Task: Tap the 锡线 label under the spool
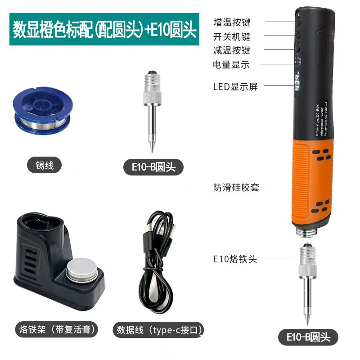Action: (44, 165)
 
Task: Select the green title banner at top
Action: (104, 30)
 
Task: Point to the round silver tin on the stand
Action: (84, 269)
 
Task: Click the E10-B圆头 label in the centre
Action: (154, 167)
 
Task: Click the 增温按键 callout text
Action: (232, 22)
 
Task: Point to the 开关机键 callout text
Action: (232, 36)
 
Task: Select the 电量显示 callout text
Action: (231, 64)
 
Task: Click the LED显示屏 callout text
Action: (235, 86)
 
